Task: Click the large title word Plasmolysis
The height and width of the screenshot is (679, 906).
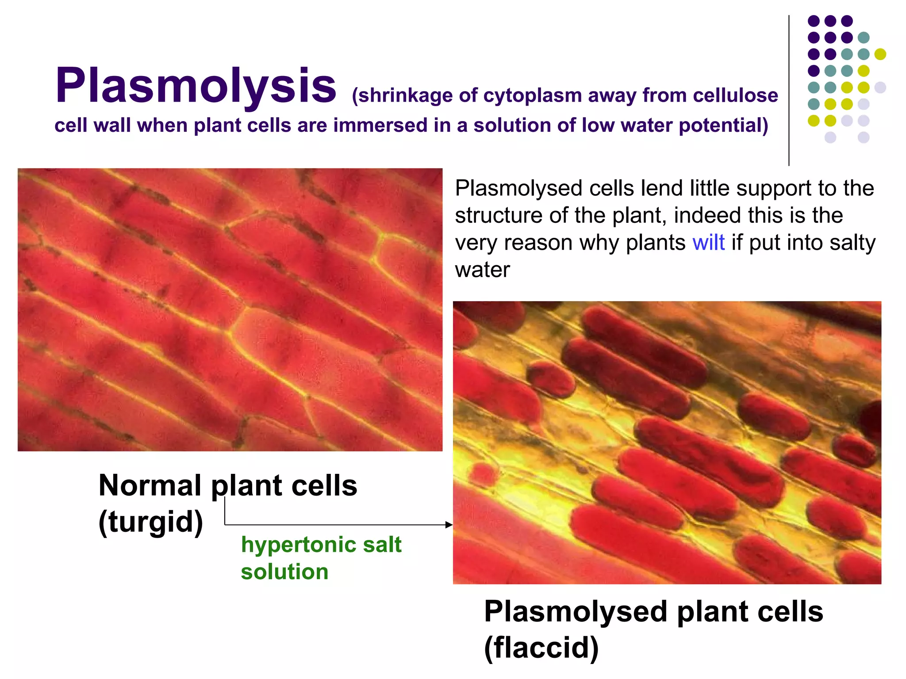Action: click(195, 86)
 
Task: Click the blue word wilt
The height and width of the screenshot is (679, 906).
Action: click(708, 243)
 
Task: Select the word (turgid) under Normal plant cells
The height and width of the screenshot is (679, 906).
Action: click(150, 523)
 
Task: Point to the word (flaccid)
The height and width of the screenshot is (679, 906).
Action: click(541, 648)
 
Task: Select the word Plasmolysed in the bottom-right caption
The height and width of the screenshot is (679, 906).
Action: click(576, 612)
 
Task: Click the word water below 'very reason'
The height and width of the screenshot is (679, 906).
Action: click(482, 270)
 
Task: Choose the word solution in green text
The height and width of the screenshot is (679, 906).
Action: click(284, 572)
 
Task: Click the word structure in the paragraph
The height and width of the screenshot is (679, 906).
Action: click(499, 216)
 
